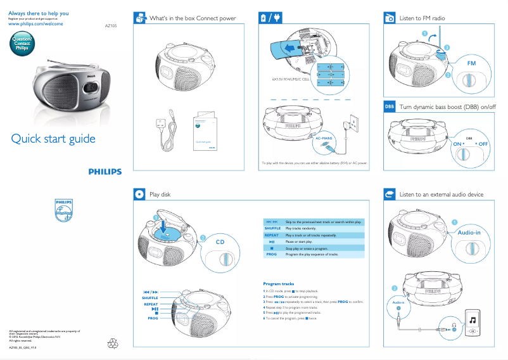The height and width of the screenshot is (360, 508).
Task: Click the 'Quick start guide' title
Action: [x=53, y=139]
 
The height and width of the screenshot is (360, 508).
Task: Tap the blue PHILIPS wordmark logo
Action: [x=105, y=171]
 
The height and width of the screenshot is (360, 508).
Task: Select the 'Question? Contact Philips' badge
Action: [x=22, y=44]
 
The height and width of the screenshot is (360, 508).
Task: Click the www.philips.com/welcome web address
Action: [x=35, y=23]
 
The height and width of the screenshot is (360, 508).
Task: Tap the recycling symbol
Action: [x=113, y=343]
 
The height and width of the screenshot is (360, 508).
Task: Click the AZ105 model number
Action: [x=111, y=27]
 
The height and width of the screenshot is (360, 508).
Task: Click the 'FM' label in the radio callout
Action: [x=471, y=64]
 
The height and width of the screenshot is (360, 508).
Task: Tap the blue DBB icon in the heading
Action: [x=390, y=106]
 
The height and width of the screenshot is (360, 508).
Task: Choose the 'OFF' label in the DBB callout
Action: [x=484, y=144]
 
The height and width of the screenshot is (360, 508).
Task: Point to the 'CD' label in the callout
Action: [x=220, y=242]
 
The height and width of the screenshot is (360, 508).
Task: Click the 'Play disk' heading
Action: [x=160, y=194]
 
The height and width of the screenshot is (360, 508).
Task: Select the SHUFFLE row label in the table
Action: [x=272, y=228]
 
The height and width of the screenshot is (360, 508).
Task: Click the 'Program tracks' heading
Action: [x=279, y=283]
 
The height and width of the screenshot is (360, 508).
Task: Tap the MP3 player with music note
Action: [x=473, y=323]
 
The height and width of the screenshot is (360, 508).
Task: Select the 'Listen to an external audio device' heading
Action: [x=441, y=194]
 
